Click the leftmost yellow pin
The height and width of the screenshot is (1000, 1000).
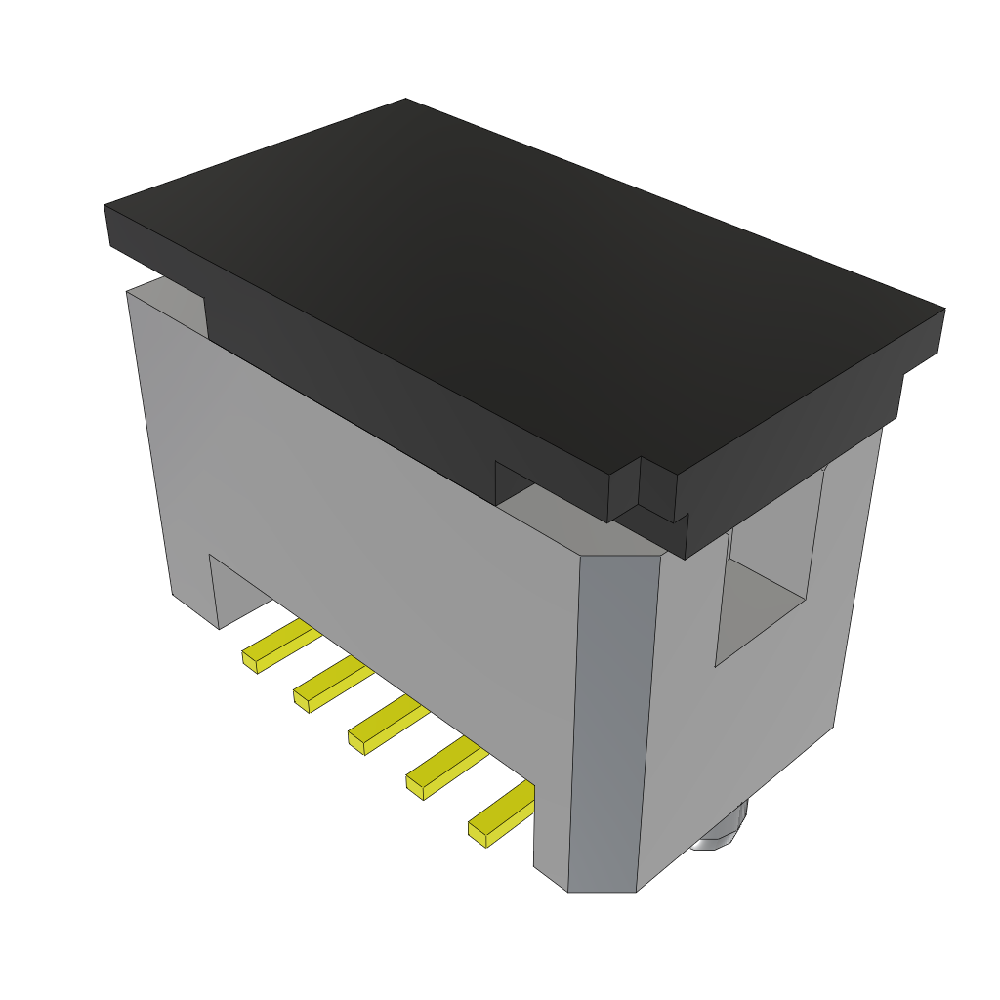(281, 646)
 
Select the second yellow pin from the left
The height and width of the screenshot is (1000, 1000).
(334, 683)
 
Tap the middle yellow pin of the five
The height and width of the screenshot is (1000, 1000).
(389, 725)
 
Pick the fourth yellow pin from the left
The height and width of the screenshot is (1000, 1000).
(447, 768)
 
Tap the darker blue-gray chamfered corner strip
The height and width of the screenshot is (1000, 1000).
(613, 723)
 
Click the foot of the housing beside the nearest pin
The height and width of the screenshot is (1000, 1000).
(550, 859)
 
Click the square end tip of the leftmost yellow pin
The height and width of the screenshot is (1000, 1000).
(249, 662)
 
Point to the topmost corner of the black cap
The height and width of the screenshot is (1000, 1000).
(406, 101)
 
